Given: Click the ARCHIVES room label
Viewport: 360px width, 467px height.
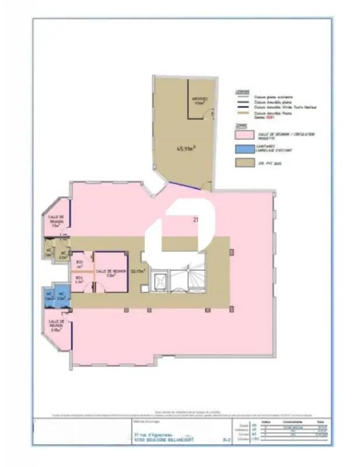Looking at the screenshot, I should pyautogui.click(x=200, y=100).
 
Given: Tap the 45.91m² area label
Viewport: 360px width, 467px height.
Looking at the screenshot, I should pyautogui.click(x=186, y=148).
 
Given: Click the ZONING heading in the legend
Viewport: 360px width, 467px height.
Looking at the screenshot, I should pyautogui.click(x=241, y=125).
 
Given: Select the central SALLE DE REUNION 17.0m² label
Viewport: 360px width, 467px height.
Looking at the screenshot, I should pyautogui.click(x=111, y=272).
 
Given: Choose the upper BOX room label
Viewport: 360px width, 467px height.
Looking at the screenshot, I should pyautogui.click(x=79, y=264).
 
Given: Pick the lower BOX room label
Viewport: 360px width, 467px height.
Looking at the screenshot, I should pyautogui.click(x=79, y=280).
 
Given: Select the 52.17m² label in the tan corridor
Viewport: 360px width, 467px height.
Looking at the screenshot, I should pyautogui.click(x=137, y=271).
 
